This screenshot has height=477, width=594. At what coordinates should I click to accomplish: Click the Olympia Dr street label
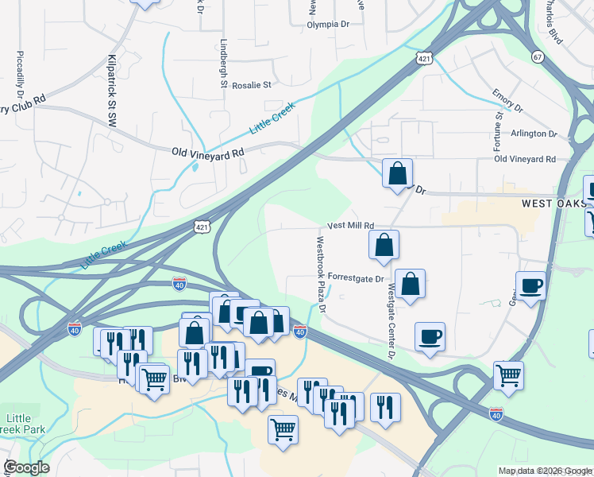[x=329, y=25]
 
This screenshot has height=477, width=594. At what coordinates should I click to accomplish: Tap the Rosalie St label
[x=251, y=84]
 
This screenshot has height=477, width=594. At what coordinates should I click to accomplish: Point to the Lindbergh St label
[x=224, y=64]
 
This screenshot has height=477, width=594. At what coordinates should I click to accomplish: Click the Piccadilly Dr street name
[x=21, y=79]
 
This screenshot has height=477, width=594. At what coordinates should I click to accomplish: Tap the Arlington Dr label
[x=534, y=134]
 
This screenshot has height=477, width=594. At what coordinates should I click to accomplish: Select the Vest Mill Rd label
[x=349, y=227]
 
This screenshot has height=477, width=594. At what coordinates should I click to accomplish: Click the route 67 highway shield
[x=538, y=56]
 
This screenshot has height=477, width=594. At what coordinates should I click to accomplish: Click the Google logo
[x=26, y=467]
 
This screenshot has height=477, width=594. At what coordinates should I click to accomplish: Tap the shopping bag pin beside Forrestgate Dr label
[x=410, y=285]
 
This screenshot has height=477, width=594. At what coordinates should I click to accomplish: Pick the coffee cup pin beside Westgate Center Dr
[x=430, y=337]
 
